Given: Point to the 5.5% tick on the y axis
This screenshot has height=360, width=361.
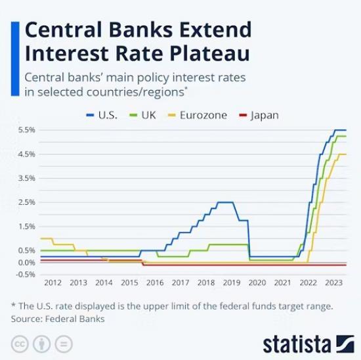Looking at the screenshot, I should (x=26, y=130).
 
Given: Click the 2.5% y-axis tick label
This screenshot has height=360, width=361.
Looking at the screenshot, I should (x=26, y=202).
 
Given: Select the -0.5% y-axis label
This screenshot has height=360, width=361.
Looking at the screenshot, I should (x=25, y=274).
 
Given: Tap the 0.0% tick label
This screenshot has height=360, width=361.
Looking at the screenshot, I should (x=26, y=262).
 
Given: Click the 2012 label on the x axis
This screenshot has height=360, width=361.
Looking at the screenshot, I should (x=53, y=282).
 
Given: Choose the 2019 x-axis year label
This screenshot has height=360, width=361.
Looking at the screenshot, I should (x=231, y=282).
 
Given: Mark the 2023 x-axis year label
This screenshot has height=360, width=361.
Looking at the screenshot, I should (x=333, y=282).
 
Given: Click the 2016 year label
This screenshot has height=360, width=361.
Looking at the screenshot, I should (x=155, y=282).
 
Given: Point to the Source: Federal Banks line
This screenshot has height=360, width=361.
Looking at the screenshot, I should (x=58, y=319).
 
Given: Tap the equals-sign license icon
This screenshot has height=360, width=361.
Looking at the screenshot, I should (x=64, y=344).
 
